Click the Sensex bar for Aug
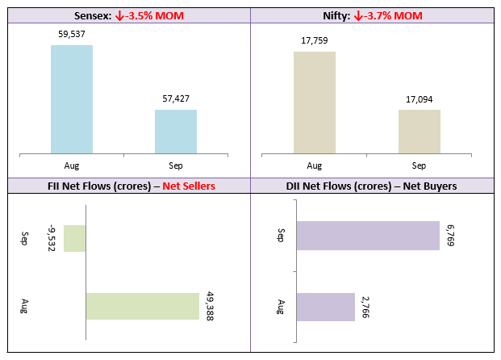[x=72, y=99]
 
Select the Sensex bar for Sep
[x=176, y=132]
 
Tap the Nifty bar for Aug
[x=315, y=103]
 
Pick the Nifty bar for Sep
[x=420, y=132]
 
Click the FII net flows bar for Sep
[x=75, y=238]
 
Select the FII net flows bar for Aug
[x=143, y=306]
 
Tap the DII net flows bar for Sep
[x=368, y=236]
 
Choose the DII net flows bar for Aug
[x=326, y=307]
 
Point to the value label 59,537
[x=72, y=34]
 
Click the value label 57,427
[x=176, y=98]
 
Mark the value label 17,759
[x=315, y=40]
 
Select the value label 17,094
[x=420, y=100]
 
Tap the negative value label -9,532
[x=52, y=238]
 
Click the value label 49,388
[x=210, y=306]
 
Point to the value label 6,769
[x=450, y=236]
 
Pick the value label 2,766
[x=365, y=308]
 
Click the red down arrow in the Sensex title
[x=119, y=15]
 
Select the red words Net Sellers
[x=189, y=186]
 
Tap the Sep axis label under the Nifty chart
[x=419, y=165]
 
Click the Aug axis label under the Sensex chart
[x=72, y=165]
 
